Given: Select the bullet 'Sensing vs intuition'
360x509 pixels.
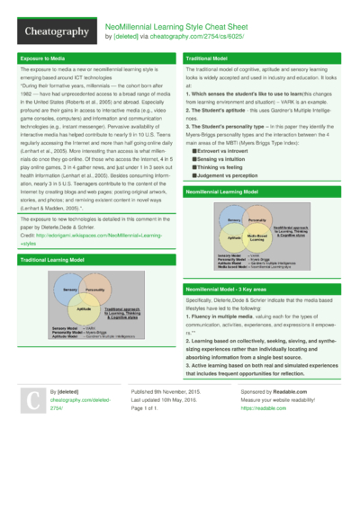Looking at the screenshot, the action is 225,160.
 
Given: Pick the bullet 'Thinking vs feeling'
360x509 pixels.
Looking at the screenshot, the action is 224,168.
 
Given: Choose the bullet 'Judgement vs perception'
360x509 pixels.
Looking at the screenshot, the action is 230,176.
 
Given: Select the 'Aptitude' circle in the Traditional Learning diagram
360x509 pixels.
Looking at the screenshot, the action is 84,308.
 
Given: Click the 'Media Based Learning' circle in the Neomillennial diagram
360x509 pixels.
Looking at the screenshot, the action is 256,237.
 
